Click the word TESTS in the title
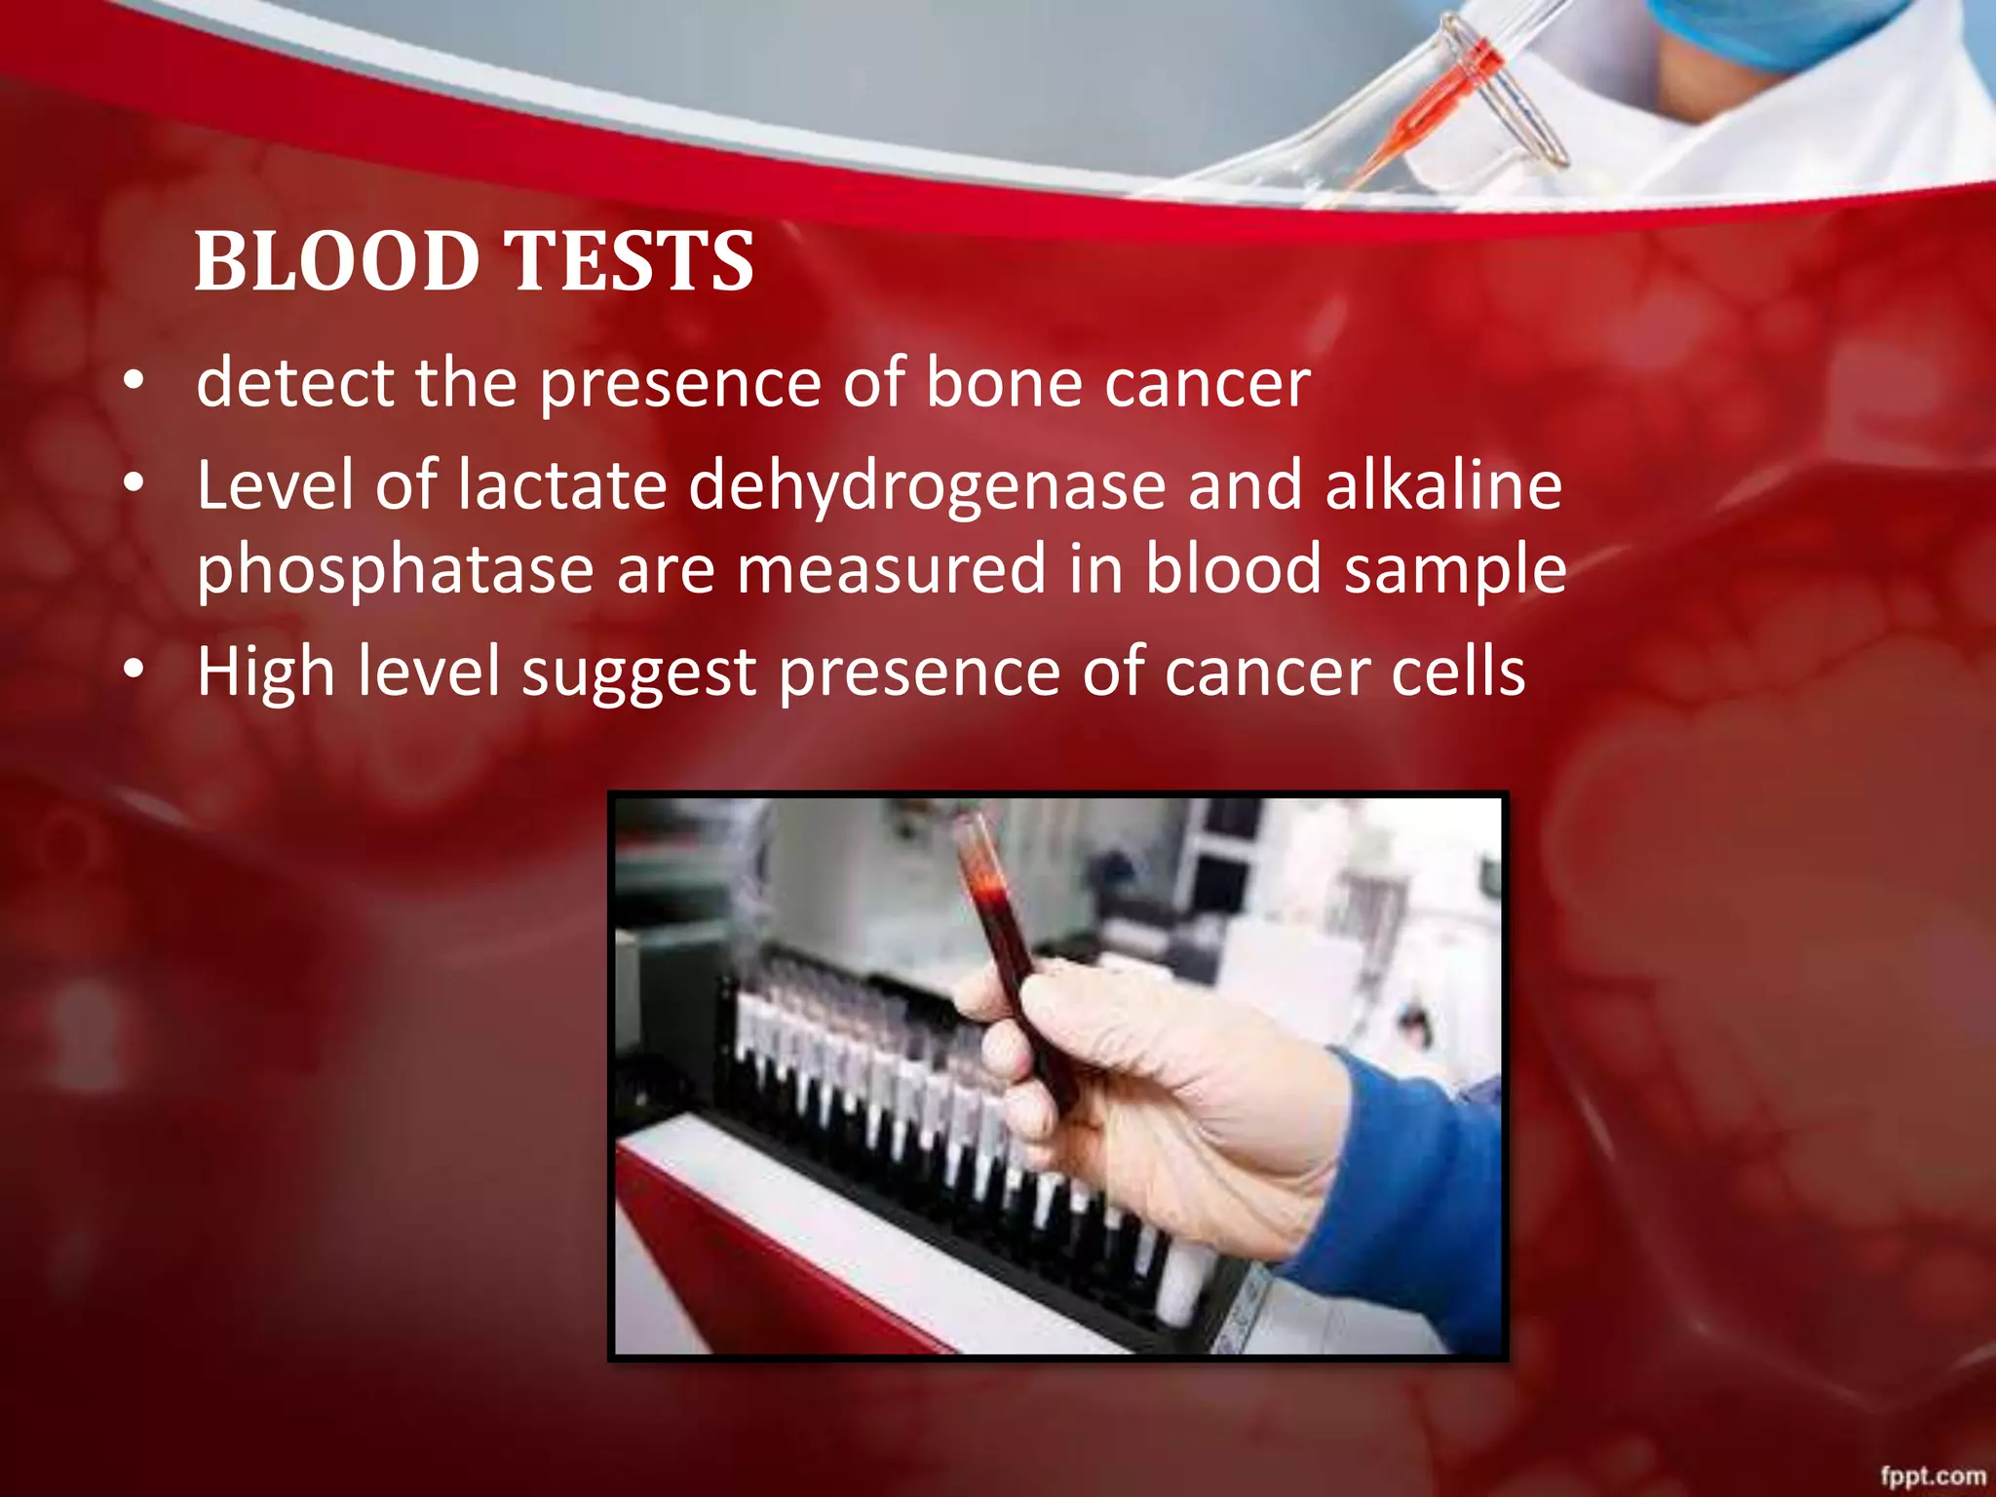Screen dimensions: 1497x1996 [x=629, y=261]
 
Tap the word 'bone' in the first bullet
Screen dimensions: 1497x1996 [x=1003, y=382]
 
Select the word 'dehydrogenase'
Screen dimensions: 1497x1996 [x=927, y=485]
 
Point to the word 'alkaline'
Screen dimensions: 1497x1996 [x=1442, y=485]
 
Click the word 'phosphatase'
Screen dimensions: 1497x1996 [x=395, y=570]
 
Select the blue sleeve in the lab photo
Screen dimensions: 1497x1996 [x=1403, y=1199]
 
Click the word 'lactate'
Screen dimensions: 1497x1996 [x=561, y=485]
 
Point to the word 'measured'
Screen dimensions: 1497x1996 [x=891, y=570]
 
